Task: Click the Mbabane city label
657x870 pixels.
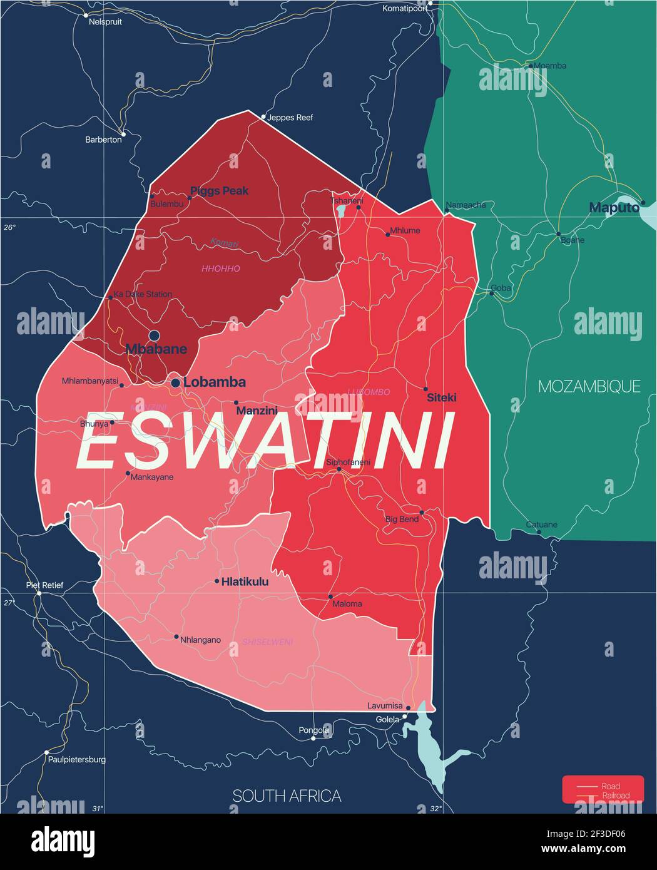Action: click(156, 349)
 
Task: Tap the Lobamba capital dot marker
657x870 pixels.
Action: click(176, 382)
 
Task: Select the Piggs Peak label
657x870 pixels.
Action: click(219, 190)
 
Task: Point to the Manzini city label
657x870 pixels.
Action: click(257, 411)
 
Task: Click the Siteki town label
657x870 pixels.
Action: click(441, 397)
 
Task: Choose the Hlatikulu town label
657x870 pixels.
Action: click(245, 581)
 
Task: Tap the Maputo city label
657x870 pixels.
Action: click(613, 207)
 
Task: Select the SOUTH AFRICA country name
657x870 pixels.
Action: click(287, 796)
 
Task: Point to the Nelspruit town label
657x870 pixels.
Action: click(105, 21)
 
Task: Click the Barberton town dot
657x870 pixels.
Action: click(123, 133)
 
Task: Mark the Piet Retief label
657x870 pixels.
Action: click(44, 585)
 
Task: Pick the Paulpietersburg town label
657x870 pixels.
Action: click(76, 759)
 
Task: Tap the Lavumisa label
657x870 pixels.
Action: click(385, 706)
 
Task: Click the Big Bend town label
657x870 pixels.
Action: click(402, 519)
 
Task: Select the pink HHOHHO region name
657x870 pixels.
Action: click(220, 269)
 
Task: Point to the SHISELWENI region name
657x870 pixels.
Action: click(267, 642)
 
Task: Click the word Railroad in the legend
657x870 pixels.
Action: click(616, 796)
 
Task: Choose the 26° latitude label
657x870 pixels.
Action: click(9, 227)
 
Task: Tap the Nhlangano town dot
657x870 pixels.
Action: click(176, 637)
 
